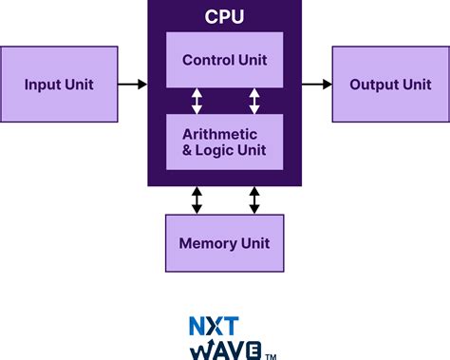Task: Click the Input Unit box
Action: (x=60, y=85)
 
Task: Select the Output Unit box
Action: (x=390, y=85)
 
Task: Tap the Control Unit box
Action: (x=224, y=60)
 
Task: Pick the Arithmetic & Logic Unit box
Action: (x=224, y=142)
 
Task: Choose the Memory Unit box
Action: (x=224, y=243)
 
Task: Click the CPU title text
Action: (x=224, y=16)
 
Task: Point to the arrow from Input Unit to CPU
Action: (x=133, y=85)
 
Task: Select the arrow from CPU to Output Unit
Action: (x=316, y=85)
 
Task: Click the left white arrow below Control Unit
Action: (x=197, y=102)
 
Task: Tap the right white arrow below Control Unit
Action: (x=254, y=102)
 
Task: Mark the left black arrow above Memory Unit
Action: (x=197, y=199)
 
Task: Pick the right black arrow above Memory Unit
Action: (x=254, y=199)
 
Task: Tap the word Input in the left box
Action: (x=41, y=85)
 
